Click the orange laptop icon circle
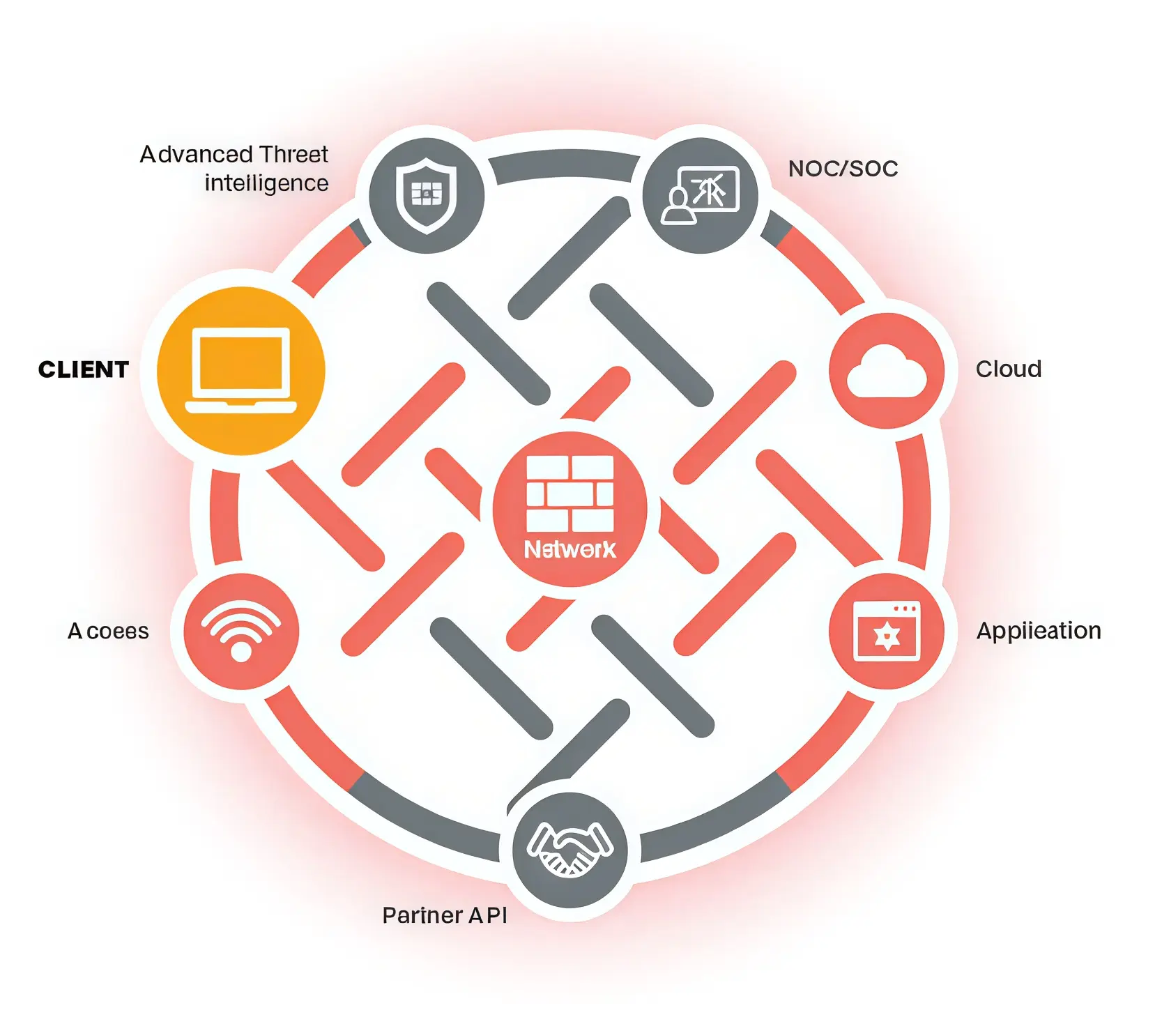coord(241,371)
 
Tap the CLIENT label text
coord(84,369)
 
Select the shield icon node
coord(426,195)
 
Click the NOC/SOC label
coord(843,169)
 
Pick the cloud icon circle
coord(887,371)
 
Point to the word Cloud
coord(1008,369)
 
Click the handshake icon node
coord(570,850)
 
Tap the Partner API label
coord(445,915)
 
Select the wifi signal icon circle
coord(241,632)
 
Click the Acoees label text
coord(108,632)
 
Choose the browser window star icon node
coord(887,632)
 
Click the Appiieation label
coord(1038,631)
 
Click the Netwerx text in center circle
coord(569,550)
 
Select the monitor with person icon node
coord(701,195)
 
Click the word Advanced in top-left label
coord(196,154)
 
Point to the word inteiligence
coord(266,183)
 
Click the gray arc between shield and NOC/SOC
coord(563,165)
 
